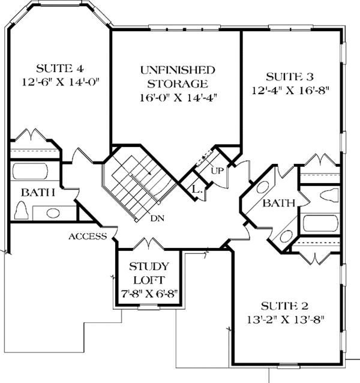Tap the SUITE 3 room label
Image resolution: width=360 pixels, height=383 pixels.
(289, 77)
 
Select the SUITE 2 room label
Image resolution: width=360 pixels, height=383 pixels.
(289, 305)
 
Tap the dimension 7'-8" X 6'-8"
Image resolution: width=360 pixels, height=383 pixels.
(148, 295)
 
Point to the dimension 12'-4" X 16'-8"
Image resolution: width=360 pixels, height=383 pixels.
(290, 91)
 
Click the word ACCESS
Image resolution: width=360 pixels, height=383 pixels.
(88, 236)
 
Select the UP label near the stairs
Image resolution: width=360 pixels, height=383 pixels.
(217, 170)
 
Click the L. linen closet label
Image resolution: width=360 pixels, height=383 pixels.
(196, 189)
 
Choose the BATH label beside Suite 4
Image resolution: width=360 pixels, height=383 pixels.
(38, 193)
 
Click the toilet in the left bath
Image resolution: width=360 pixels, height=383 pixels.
(22, 211)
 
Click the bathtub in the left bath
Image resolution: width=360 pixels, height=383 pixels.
(35, 172)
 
